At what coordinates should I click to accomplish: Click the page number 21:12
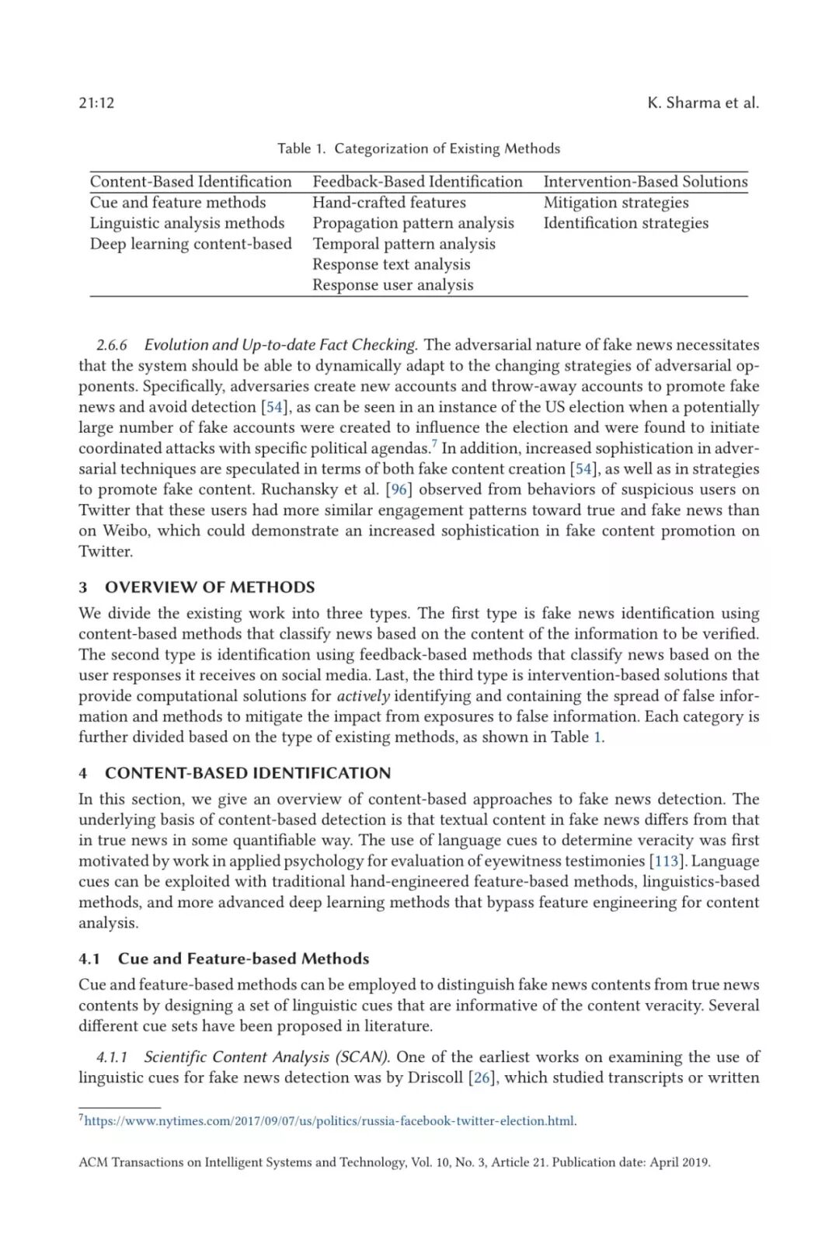[96, 103]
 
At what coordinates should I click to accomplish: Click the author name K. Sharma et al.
[702, 103]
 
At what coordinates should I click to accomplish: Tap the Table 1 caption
[419, 148]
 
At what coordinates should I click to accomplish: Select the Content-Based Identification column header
[191, 182]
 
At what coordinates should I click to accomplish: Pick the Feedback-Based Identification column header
[417, 182]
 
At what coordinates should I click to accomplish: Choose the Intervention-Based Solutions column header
[645, 182]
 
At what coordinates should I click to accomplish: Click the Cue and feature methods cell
[178, 203]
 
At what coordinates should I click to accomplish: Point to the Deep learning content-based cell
[191, 244]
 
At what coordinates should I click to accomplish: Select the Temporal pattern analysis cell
[403, 244]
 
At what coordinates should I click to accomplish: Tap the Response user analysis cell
[392, 285]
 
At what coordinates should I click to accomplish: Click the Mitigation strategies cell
[615, 203]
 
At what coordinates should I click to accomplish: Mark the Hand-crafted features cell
[388, 203]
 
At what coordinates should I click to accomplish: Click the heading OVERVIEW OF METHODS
[210, 587]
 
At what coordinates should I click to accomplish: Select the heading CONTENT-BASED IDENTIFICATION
[248, 773]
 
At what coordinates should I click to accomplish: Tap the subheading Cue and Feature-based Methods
[243, 959]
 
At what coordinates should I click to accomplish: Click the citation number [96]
[399, 489]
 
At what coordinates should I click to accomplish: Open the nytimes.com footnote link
[329, 1121]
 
